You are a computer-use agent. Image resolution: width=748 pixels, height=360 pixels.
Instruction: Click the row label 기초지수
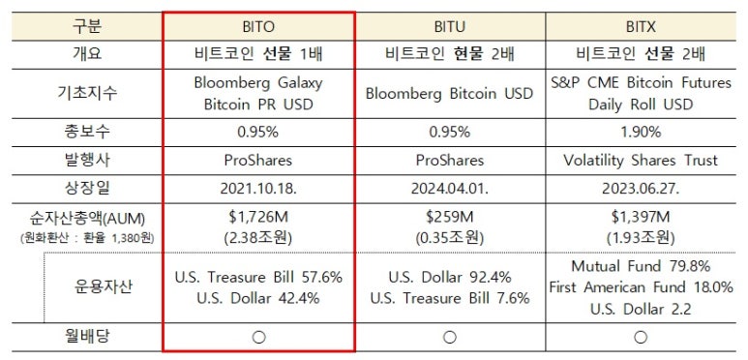click(x=87, y=93)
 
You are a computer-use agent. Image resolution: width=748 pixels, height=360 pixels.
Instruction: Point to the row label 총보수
click(x=87, y=132)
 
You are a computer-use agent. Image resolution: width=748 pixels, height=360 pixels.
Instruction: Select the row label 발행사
click(x=87, y=159)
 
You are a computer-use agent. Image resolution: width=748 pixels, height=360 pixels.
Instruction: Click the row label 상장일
click(x=87, y=186)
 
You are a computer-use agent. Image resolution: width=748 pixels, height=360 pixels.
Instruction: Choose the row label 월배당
click(x=87, y=337)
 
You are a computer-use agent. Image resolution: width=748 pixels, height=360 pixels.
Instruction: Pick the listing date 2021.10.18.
click(x=258, y=186)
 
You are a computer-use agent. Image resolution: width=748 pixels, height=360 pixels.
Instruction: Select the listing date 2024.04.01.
click(x=449, y=186)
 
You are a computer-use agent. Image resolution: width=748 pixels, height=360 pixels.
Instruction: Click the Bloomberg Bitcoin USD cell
click(x=449, y=93)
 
